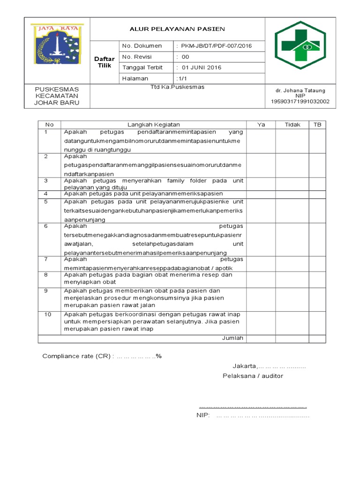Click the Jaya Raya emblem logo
pyautogui.click(x=56, y=45)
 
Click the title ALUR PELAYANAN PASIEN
pyautogui.click(x=177, y=29)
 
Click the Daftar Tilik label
pyautogui.click(x=105, y=62)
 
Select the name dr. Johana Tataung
pyautogui.click(x=300, y=90)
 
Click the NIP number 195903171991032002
pyautogui.click(x=300, y=101)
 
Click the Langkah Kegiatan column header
pyautogui.click(x=154, y=125)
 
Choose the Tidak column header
pyautogui.click(x=292, y=125)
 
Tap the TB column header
pyautogui.click(x=317, y=125)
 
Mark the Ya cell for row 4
pyautogui.click(x=261, y=194)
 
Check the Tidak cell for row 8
pyautogui.click(x=292, y=278)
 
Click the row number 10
pyautogui.click(x=48, y=314)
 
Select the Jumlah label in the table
pyautogui.click(x=232, y=338)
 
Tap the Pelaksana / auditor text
pyautogui.click(x=253, y=376)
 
